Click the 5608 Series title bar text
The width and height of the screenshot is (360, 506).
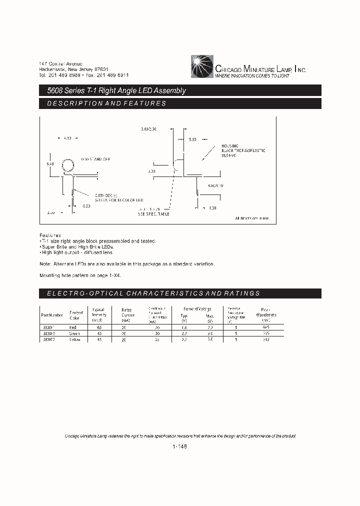point(113,90)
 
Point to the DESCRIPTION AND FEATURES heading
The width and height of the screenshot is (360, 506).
point(106,103)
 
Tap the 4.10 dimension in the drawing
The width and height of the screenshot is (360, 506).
point(68,137)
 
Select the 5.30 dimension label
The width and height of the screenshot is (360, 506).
point(193,139)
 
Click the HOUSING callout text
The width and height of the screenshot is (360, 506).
point(231,146)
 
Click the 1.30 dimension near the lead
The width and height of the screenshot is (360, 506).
point(212,207)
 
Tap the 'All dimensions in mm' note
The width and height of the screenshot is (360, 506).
point(252,218)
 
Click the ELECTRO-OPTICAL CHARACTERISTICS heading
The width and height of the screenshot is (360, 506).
point(153,293)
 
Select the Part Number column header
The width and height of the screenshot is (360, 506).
point(52,315)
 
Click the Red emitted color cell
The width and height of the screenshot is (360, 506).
point(73,327)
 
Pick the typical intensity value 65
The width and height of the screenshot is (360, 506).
point(99,327)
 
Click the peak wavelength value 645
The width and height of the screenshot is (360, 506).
point(265,327)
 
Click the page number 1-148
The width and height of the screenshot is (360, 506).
point(180,448)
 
